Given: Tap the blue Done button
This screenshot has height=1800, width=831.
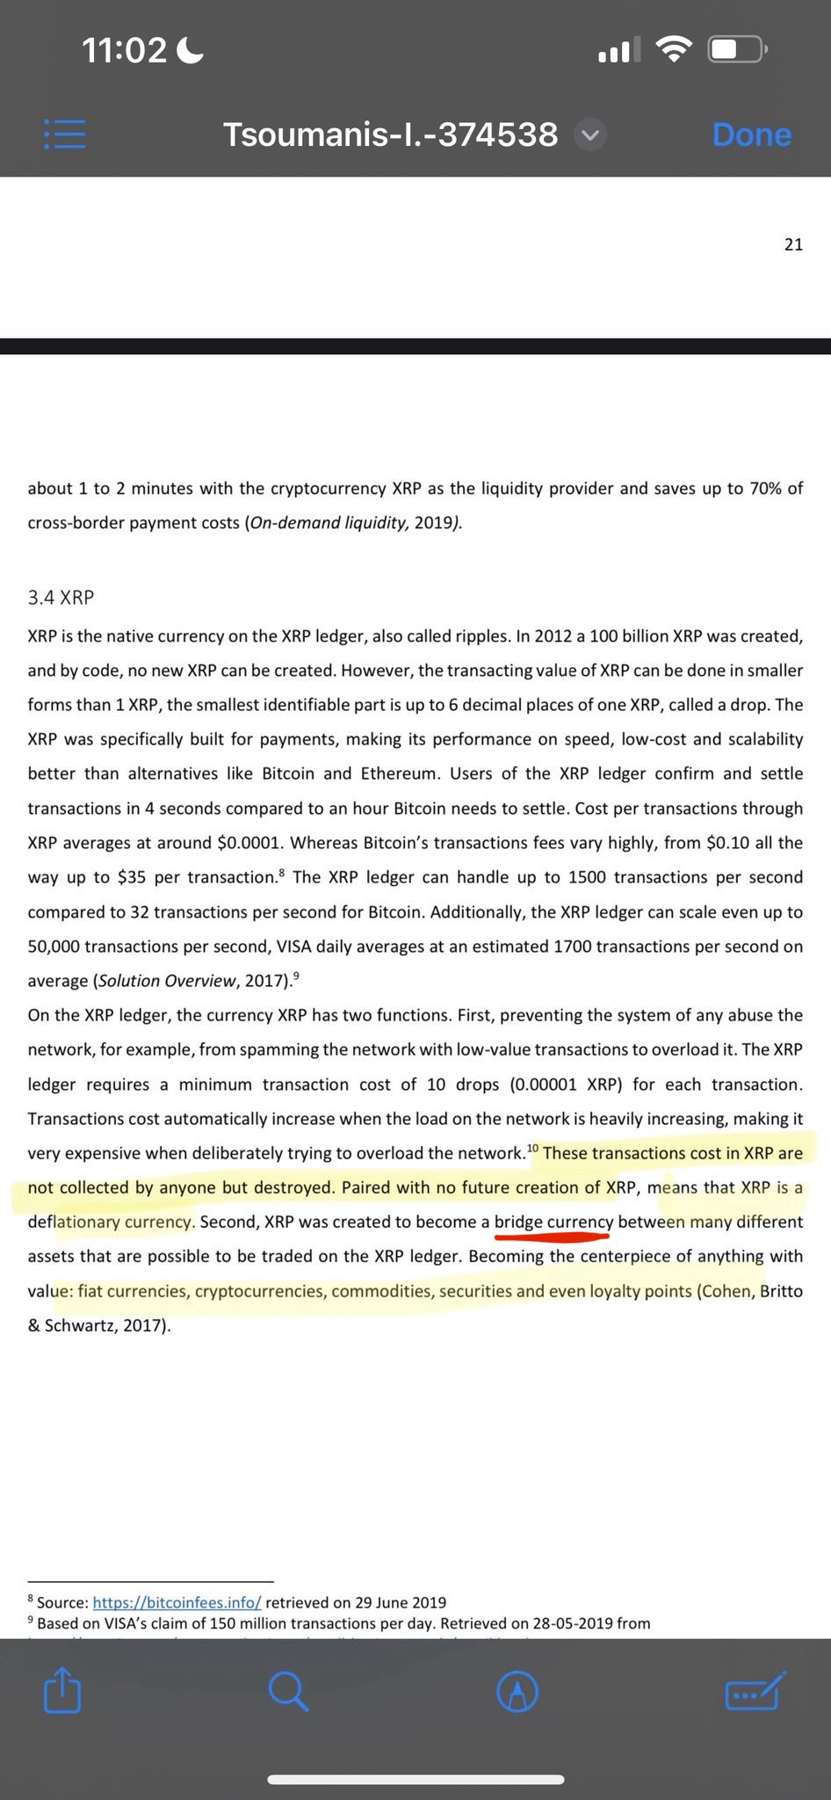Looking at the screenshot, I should (x=751, y=134).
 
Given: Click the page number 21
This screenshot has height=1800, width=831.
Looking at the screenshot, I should (x=793, y=244).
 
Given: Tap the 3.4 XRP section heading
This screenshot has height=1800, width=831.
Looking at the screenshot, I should (x=61, y=598).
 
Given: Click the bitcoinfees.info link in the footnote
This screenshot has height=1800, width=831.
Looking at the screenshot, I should (x=177, y=1602).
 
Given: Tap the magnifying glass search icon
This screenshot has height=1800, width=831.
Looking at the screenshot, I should (x=288, y=1691).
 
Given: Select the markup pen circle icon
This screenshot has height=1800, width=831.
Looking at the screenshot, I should (x=517, y=1691).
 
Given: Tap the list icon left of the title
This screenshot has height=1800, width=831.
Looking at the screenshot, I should (x=65, y=134).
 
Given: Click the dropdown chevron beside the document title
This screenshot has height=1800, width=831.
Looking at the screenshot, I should (x=589, y=134).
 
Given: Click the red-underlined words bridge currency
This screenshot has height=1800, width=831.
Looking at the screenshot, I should (x=553, y=1223).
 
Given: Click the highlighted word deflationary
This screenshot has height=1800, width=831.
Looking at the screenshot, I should (x=73, y=1223).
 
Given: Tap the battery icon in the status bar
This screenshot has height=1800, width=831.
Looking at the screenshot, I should (x=738, y=49).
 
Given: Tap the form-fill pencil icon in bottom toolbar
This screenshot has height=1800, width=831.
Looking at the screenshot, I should (x=755, y=1691).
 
